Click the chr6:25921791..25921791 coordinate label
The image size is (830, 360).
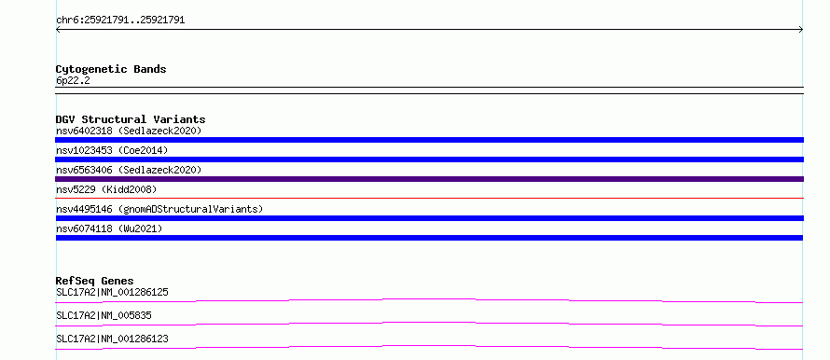coord(120,21)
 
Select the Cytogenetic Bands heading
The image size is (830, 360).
coord(111,69)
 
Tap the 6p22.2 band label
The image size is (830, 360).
coord(73,80)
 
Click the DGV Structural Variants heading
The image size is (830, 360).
coord(131,119)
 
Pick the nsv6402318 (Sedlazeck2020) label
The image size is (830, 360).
coord(129,131)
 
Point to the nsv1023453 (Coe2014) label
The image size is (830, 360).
coord(112,150)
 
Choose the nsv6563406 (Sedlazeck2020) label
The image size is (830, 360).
coord(129,170)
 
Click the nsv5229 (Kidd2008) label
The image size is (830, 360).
coord(106,189)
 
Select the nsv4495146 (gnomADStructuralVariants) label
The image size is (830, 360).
coord(159,209)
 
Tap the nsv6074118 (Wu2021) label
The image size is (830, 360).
coord(109,228)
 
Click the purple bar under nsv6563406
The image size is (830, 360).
coord(429,179)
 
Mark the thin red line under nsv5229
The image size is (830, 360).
coord(429,198)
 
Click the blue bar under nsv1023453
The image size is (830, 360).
coord(429,159)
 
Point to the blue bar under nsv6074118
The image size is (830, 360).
coord(429,238)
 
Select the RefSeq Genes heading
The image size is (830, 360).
coord(95,281)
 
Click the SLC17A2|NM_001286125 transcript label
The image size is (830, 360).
coord(112,292)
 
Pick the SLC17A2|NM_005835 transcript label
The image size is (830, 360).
coord(104,315)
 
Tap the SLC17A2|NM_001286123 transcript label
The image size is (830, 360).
coord(112,339)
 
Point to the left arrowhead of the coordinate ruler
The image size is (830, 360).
coord(57,30)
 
